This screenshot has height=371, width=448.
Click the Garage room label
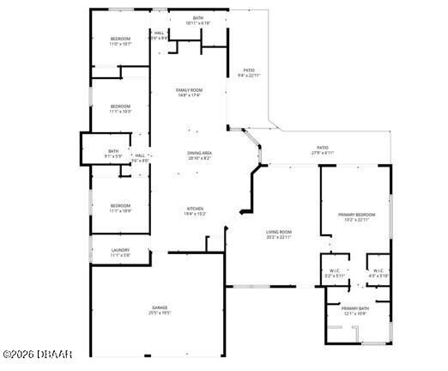click(x=160, y=307)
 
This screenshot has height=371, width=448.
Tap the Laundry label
click(x=120, y=250)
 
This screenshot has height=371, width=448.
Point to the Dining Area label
click(x=200, y=153)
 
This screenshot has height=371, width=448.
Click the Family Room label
click(x=189, y=90)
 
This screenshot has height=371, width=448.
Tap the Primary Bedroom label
click(x=355, y=215)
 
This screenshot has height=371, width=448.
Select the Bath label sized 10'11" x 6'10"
click(x=198, y=18)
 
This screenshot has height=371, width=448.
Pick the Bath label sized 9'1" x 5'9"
click(x=113, y=151)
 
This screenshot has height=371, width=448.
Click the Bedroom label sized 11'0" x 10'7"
click(x=120, y=39)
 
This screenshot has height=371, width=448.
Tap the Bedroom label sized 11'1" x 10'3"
click(x=120, y=106)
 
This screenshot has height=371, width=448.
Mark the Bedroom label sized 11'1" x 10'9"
click(x=120, y=205)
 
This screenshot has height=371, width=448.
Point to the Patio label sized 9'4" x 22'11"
click(x=249, y=70)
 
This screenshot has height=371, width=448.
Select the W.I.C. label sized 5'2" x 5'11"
click(x=335, y=271)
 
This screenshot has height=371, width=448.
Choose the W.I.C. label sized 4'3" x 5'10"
click(x=378, y=271)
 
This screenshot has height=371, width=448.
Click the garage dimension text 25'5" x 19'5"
click(x=160, y=312)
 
